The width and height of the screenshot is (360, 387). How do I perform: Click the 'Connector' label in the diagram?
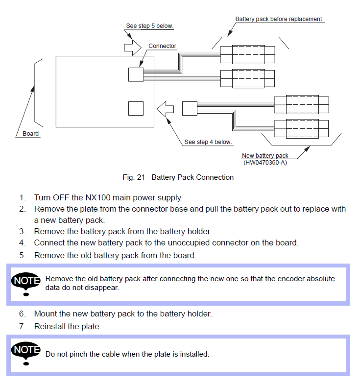coord(162,46)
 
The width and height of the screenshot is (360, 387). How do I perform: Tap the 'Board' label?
coord(30,134)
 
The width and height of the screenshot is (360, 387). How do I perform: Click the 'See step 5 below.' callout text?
coord(149,26)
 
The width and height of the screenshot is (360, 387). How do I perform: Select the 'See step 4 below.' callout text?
coord(208,142)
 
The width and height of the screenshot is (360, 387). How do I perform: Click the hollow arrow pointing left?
coord(166,108)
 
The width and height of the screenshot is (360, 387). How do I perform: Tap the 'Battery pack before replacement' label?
coord(278,19)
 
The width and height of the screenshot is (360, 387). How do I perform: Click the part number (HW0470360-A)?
coord(265,162)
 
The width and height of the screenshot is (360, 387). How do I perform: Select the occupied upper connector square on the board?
coord(136,74)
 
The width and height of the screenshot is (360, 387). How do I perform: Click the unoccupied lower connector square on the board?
coord(136,108)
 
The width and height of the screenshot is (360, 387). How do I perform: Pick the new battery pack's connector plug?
coord(189,108)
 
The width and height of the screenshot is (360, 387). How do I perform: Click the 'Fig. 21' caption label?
coord(134,177)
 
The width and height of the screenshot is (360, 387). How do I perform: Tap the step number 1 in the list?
coord(22,198)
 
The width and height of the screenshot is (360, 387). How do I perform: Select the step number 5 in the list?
coord(22,255)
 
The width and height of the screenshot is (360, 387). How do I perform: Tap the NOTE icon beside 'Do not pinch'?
coord(26,354)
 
